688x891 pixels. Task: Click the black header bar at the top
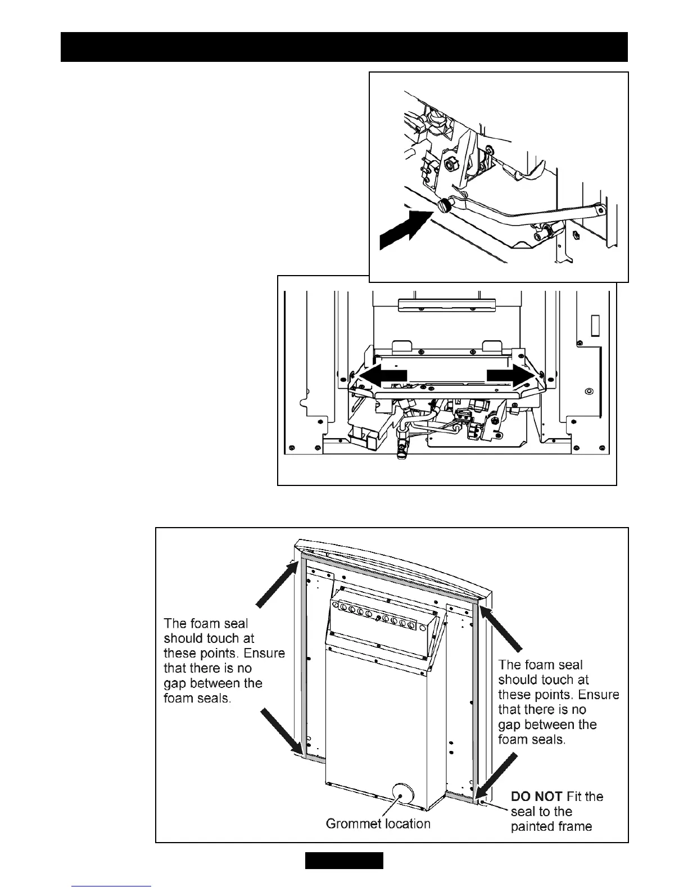point(344,47)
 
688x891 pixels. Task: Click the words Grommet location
point(378,823)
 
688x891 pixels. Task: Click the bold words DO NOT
point(536,796)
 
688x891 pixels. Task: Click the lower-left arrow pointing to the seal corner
point(282,731)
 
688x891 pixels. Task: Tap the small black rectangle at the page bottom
point(344,861)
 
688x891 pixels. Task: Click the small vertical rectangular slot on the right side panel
point(595,326)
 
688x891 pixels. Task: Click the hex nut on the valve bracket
point(450,165)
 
